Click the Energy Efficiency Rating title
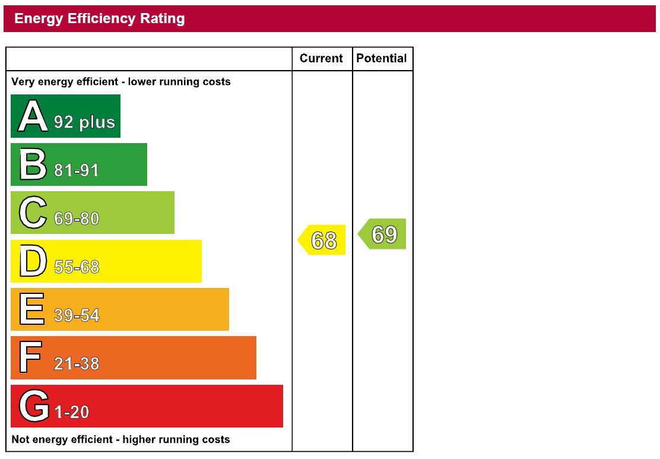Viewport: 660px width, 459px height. coord(99,19)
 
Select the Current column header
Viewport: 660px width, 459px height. coord(321,58)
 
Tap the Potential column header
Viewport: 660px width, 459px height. coord(382,58)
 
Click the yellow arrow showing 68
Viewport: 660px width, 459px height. coord(322,240)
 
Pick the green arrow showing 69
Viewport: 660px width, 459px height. coord(383,234)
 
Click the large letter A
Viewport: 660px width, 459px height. coord(32,116)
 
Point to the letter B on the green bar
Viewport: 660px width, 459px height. coord(32,164)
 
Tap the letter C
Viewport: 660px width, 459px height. coord(32,213)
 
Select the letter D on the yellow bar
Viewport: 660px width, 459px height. coord(32,261)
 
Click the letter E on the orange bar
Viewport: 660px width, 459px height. coord(32,309)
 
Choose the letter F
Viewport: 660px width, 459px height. coord(31,357)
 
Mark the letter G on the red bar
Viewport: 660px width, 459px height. coord(33,406)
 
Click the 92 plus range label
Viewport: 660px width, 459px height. coord(84,122)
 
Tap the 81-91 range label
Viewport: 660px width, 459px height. coord(77,170)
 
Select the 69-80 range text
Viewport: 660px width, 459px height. coord(77,219)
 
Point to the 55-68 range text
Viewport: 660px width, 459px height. coord(77,267)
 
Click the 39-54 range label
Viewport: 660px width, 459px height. coord(77,315)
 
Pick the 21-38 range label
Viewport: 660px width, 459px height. coord(77,363)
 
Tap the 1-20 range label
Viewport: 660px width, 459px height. coord(71,412)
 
